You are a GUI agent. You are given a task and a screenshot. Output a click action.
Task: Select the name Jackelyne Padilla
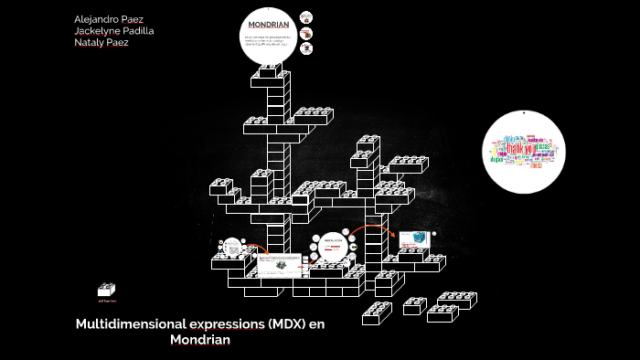113,31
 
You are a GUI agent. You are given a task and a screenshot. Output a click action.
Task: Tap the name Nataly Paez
101,43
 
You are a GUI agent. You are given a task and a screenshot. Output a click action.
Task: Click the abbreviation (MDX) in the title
288,324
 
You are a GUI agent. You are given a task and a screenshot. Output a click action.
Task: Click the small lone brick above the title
107,290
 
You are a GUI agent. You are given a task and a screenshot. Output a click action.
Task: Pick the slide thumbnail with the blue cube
412,238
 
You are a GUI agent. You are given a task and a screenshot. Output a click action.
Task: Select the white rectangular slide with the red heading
279,265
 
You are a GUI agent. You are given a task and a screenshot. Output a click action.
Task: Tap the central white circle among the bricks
331,249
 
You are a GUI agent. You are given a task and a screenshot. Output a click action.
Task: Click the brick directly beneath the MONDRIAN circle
272,71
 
